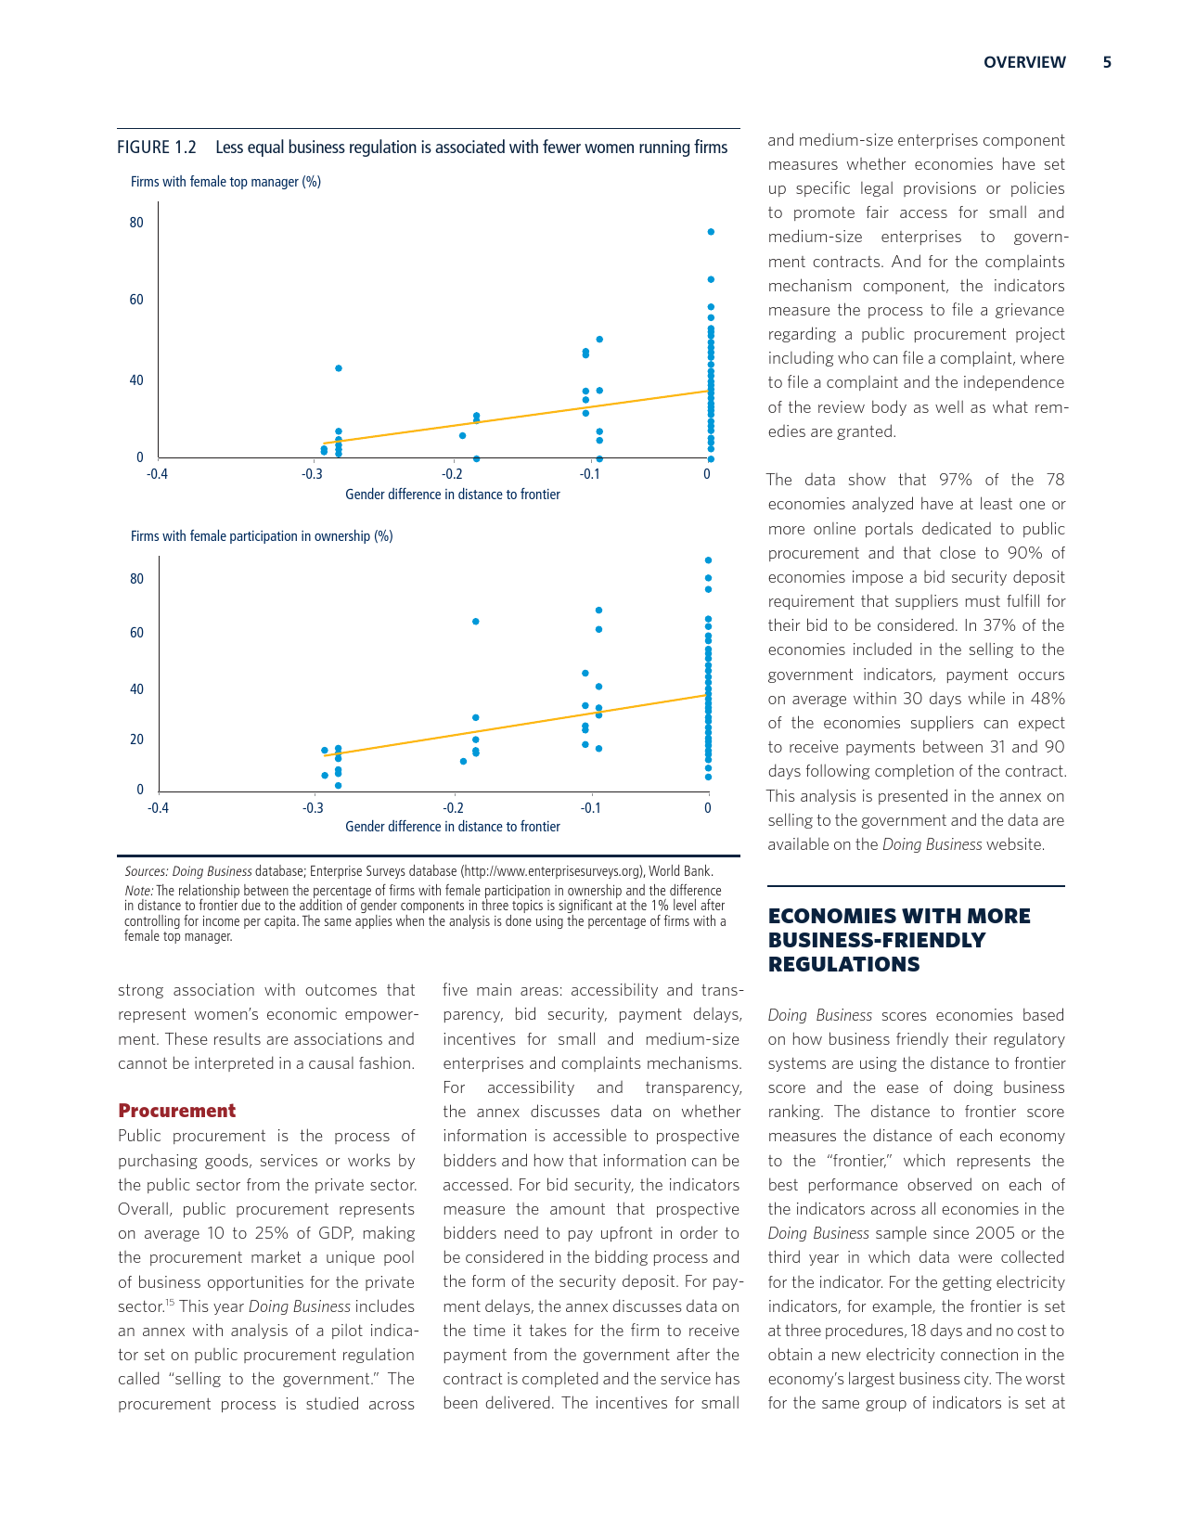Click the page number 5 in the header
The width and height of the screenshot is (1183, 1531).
pos(1107,62)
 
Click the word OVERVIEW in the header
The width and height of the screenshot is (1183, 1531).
pos(1024,62)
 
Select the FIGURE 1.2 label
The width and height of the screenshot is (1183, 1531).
pos(157,148)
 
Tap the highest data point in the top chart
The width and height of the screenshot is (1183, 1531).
pos(711,232)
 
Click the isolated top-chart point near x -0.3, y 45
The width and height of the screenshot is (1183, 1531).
pos(339,368)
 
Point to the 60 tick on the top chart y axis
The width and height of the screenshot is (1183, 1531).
pos(136,300)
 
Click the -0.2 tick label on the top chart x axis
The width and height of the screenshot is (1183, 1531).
pos(452,474)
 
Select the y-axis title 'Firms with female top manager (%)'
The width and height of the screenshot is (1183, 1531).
pos(225,182)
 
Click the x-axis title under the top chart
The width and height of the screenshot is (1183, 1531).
pos(452,495)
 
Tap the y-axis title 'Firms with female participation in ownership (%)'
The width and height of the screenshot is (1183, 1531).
pos(262,536)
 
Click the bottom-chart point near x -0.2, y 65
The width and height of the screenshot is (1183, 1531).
pos(476,622)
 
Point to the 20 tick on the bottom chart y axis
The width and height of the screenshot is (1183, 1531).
pos(136,740)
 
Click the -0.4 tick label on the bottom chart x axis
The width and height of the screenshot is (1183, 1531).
pos(158,807)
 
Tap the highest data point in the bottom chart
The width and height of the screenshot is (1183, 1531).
pos(709,560)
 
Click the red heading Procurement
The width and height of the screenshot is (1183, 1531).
pos(176,1111)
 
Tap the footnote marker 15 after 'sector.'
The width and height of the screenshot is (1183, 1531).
pos(171,1303)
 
